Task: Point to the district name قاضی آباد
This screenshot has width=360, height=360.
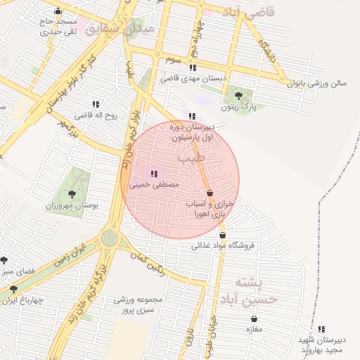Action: pyautogui.click(x=252, y=12)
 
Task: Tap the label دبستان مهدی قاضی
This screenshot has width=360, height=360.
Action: pyautogui.click(x=194, y=79)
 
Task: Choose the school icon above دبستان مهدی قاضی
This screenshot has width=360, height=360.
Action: pyautogui.click(x=193, y=67)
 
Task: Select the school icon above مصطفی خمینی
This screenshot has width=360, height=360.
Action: pyautogui.click(x=154, y=173)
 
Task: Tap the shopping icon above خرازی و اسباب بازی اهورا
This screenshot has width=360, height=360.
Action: pyautogui.click(x=210, y=193)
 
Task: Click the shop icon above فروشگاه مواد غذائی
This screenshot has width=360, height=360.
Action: pyautogui.click(x=223, y=236)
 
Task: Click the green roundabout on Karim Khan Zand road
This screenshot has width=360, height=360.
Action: pyautogui.click(x=109, y=238)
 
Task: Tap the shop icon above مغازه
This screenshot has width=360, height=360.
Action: pyautogui.click(x=254, y=319)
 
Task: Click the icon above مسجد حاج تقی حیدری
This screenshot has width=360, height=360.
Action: pyautogui.click(x=58, y=11)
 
